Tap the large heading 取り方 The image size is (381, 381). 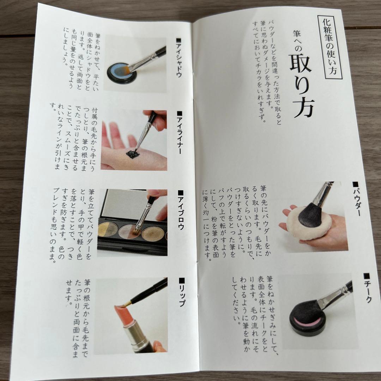pos(302,85)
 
